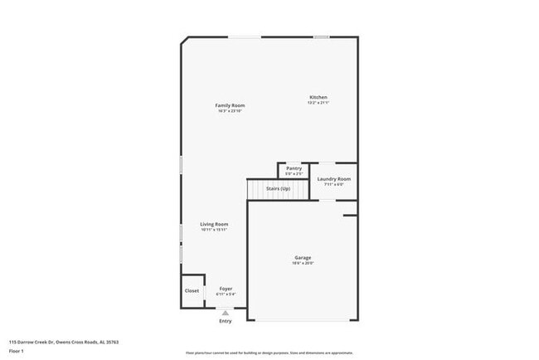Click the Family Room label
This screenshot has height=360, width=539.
pyautogui.click(x=230, y=105)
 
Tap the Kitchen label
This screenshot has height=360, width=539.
pyautogui.click(x=318, y=97)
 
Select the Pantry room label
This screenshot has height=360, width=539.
pyautogui.click(x=294, y=168)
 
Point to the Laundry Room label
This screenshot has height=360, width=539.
pyautogui.click(x=333, y=178)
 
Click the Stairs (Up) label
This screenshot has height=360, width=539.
pyautogui.click(x=278, y=189)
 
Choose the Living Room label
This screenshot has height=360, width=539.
pyautogui.click(x=214, y=224)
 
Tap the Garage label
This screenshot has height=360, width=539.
pyautogui.click(x=303, y=258)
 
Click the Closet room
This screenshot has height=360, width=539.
pyautogui.click(x=192, y=291)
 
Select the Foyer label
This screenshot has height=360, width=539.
pyautogui.click(x=226, y=289)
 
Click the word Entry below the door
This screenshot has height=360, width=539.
pyautogui.click(x=226, y=321)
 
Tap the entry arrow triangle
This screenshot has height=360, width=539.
pyautogui.click(x=225, y=313)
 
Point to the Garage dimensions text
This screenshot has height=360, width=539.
pyautogui.click(x=303, y=264)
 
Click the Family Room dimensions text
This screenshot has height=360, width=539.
pyautogui.click(x=230, y=111)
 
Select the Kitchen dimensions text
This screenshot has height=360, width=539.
pyautogui.click(x=318, y=103)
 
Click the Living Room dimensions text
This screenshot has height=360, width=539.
pyautogui.click(x=214, y=230)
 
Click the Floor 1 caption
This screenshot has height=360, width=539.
pyautogui.click(x=17, y=351)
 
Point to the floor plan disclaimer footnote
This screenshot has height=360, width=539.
pyautogui.click(x=269, y=352)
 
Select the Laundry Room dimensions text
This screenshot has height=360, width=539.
pyautogui.click(x=333, y=184)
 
